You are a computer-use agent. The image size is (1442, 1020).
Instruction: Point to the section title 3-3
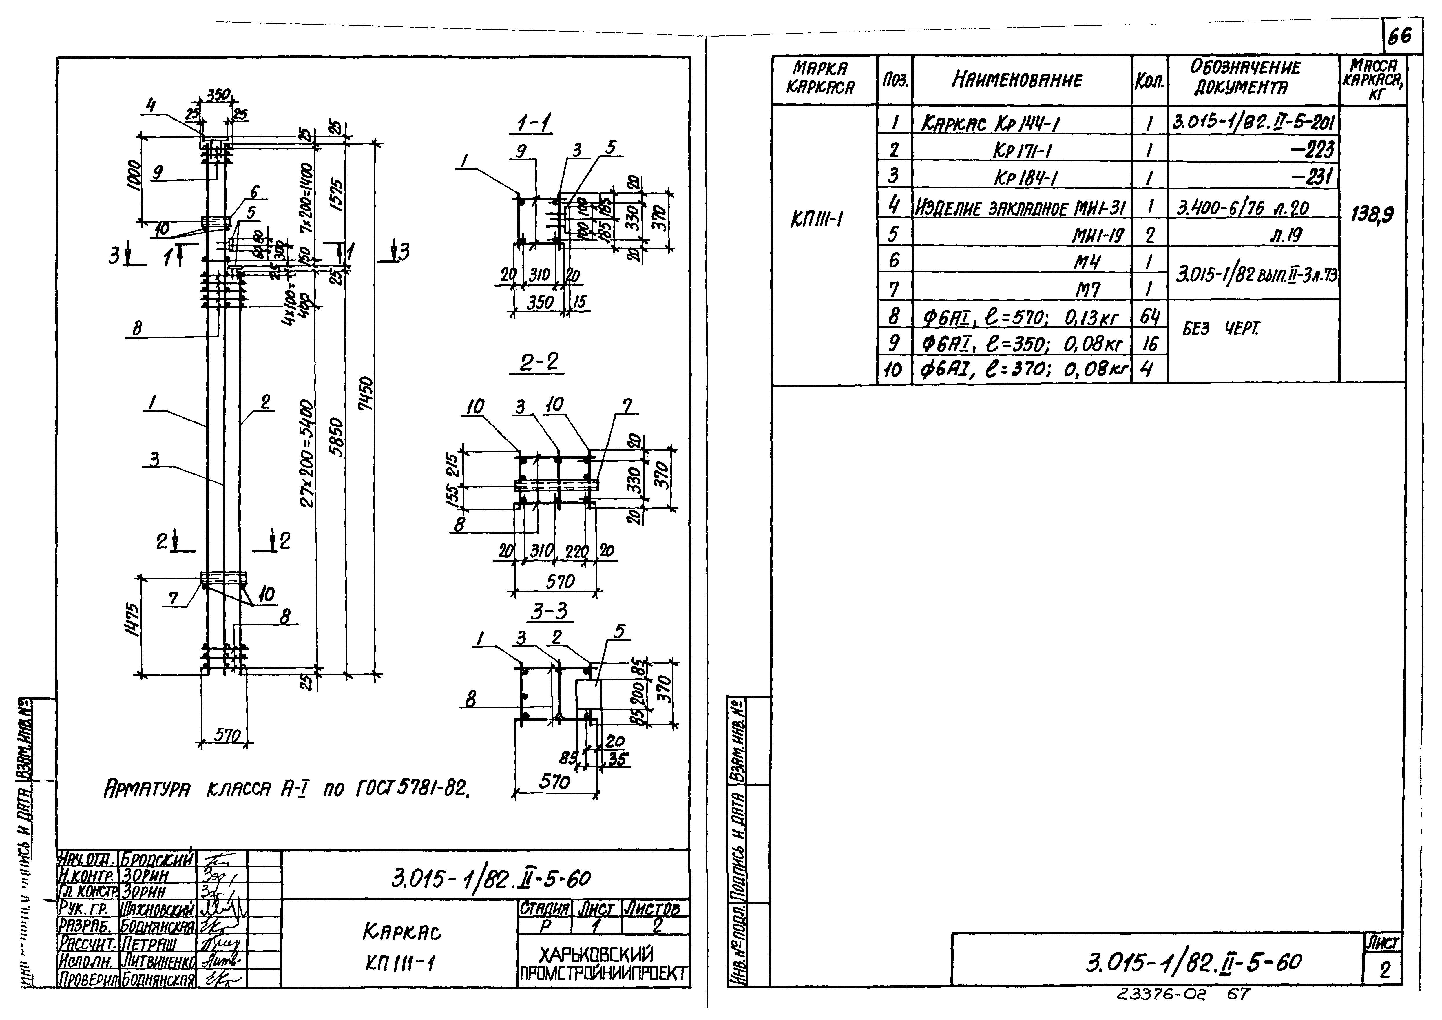click(548, 611)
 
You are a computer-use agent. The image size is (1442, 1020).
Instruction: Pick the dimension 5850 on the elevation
click(337, 437)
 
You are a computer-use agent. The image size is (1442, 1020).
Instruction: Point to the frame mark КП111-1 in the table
click(817, 219)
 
